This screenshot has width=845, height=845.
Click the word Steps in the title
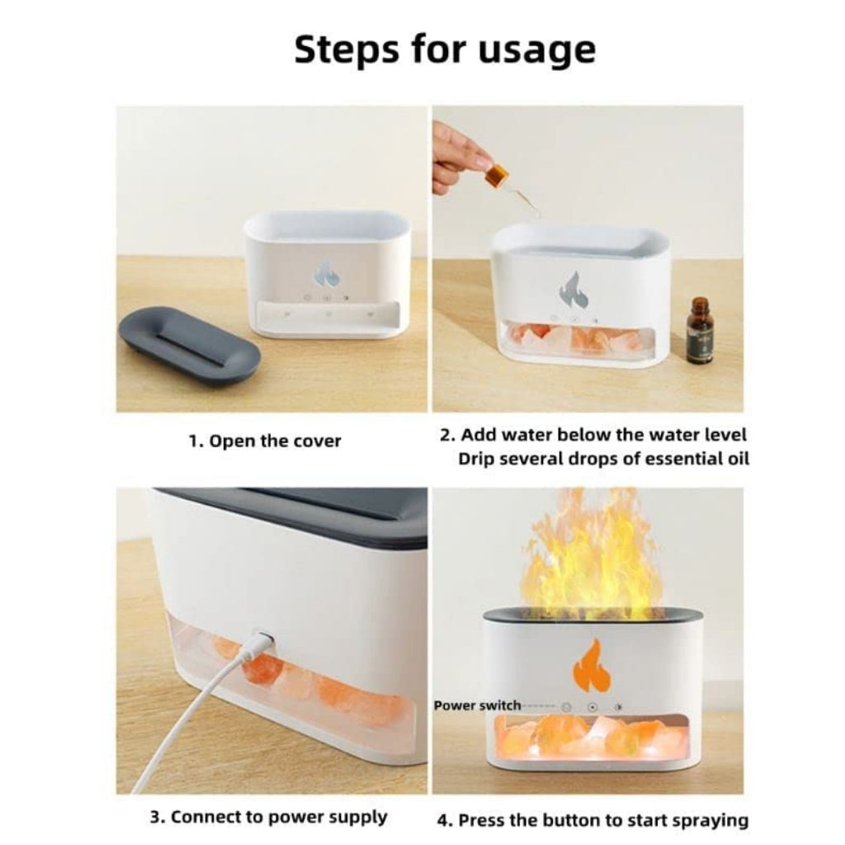point(345,51)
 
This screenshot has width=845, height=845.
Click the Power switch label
point(477,706)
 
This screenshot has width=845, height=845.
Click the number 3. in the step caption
point(158,818)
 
